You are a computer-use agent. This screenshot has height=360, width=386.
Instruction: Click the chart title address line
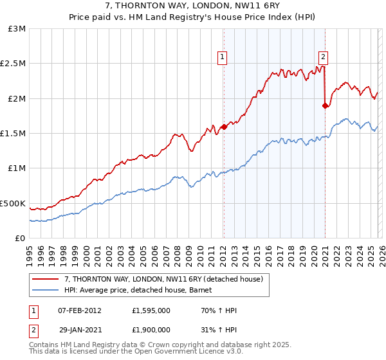pos(193,6)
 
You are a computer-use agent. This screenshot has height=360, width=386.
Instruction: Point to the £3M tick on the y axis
pos(17,29)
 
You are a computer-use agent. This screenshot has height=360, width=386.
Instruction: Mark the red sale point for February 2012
pos(224,127)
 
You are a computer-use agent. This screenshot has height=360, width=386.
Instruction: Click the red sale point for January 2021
pos(326,106)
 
